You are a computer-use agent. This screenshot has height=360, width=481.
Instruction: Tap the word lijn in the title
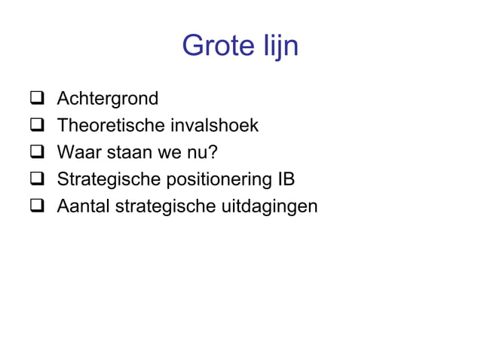277,47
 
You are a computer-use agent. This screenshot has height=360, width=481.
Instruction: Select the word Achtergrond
108,99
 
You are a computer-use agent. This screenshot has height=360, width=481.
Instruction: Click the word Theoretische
106,126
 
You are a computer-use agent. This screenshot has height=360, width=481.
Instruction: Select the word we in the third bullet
167,153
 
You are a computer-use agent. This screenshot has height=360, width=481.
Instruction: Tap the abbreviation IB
285,180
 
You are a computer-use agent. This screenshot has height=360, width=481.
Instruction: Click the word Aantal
82,206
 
